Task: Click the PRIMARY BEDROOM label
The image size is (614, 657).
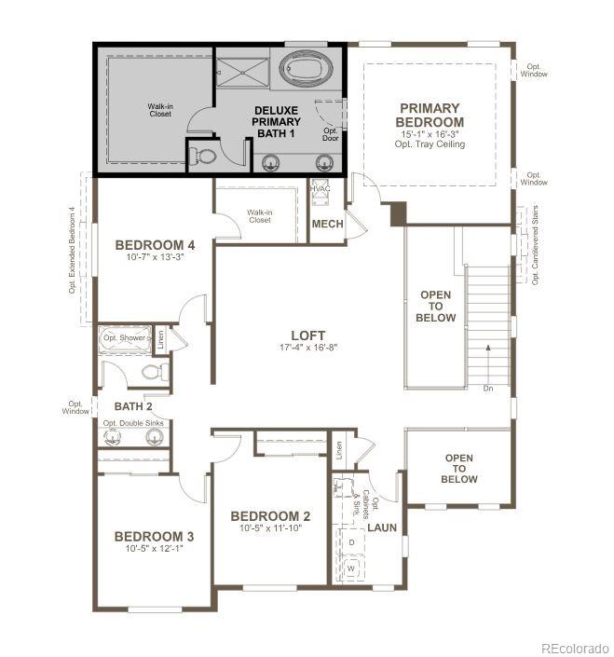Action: pos(430,116)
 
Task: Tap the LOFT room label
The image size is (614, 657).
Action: pos(307,335)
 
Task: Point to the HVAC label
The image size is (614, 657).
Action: pos(321,189)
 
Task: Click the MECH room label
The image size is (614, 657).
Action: pos(327,224)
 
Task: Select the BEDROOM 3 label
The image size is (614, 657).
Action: pos(154,536)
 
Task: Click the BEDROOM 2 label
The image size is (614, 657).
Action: pos(270,516)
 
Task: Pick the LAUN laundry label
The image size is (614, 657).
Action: pos(382,527)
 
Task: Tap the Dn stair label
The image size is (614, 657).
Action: pos(488,388)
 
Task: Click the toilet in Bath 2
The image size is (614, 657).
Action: pos(155,373)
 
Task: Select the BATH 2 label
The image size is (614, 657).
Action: pos(132,406)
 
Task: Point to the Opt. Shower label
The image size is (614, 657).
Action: pos(123,337)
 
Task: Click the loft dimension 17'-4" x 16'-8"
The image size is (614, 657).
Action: pos(307,348)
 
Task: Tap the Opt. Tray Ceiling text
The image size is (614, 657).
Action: pos(430,144)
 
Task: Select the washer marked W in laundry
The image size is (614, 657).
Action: pos(351,566)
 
